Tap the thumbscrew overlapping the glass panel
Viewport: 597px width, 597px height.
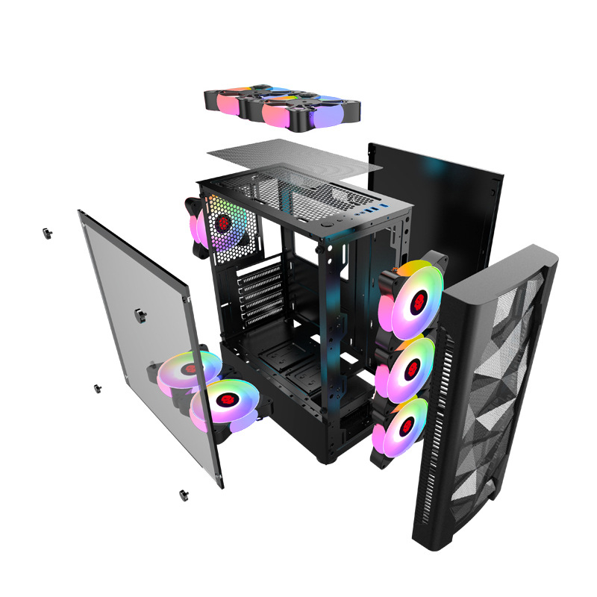pos(140,311)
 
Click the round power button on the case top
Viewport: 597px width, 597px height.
pos(329,221)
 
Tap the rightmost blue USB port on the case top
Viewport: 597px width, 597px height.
pos(385,205)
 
